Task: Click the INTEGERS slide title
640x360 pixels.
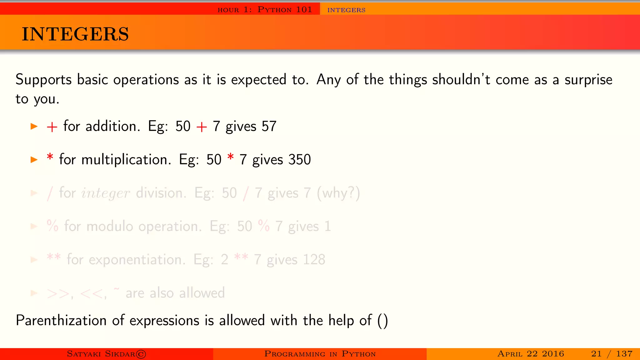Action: [x=75, y=34]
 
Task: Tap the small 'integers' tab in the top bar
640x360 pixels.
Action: [x=346, y=10]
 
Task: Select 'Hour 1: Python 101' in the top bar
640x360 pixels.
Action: [x=265, y=10]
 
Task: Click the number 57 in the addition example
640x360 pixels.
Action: [x=269, y=127]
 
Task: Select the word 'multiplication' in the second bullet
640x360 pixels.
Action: [x=126, y=160]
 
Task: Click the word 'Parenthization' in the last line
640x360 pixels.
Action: [x=61, y=321]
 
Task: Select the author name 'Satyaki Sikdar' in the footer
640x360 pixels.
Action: [x=106, y=354]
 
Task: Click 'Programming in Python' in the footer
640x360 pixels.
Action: [x=320, y=354]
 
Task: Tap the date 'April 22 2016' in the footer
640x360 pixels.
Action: [x=531, y=354]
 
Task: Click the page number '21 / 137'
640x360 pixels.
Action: [x=612, y=354]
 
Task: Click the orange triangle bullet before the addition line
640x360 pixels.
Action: [x=34, y=127]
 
